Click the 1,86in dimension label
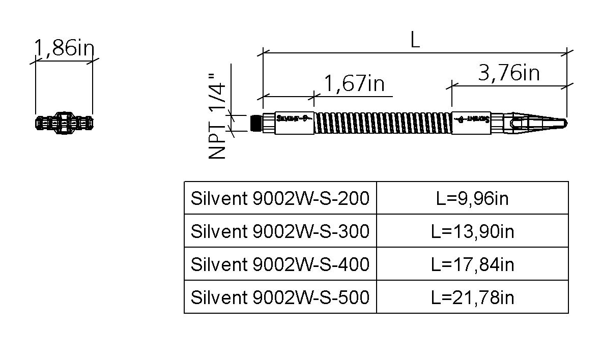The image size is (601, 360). point(64,48)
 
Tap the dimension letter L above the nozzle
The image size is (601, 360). point(415,40)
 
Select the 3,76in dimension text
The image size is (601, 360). point(509,73)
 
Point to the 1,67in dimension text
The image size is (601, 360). point(354,83)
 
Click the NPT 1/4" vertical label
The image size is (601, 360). point(217,116)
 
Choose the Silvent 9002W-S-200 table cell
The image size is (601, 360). point(280,198)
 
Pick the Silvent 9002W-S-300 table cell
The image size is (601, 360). point(280,231)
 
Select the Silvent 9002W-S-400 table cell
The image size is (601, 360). point(280,264)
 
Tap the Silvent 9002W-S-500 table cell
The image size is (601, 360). point(280,297)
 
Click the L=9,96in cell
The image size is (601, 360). point(472,198)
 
